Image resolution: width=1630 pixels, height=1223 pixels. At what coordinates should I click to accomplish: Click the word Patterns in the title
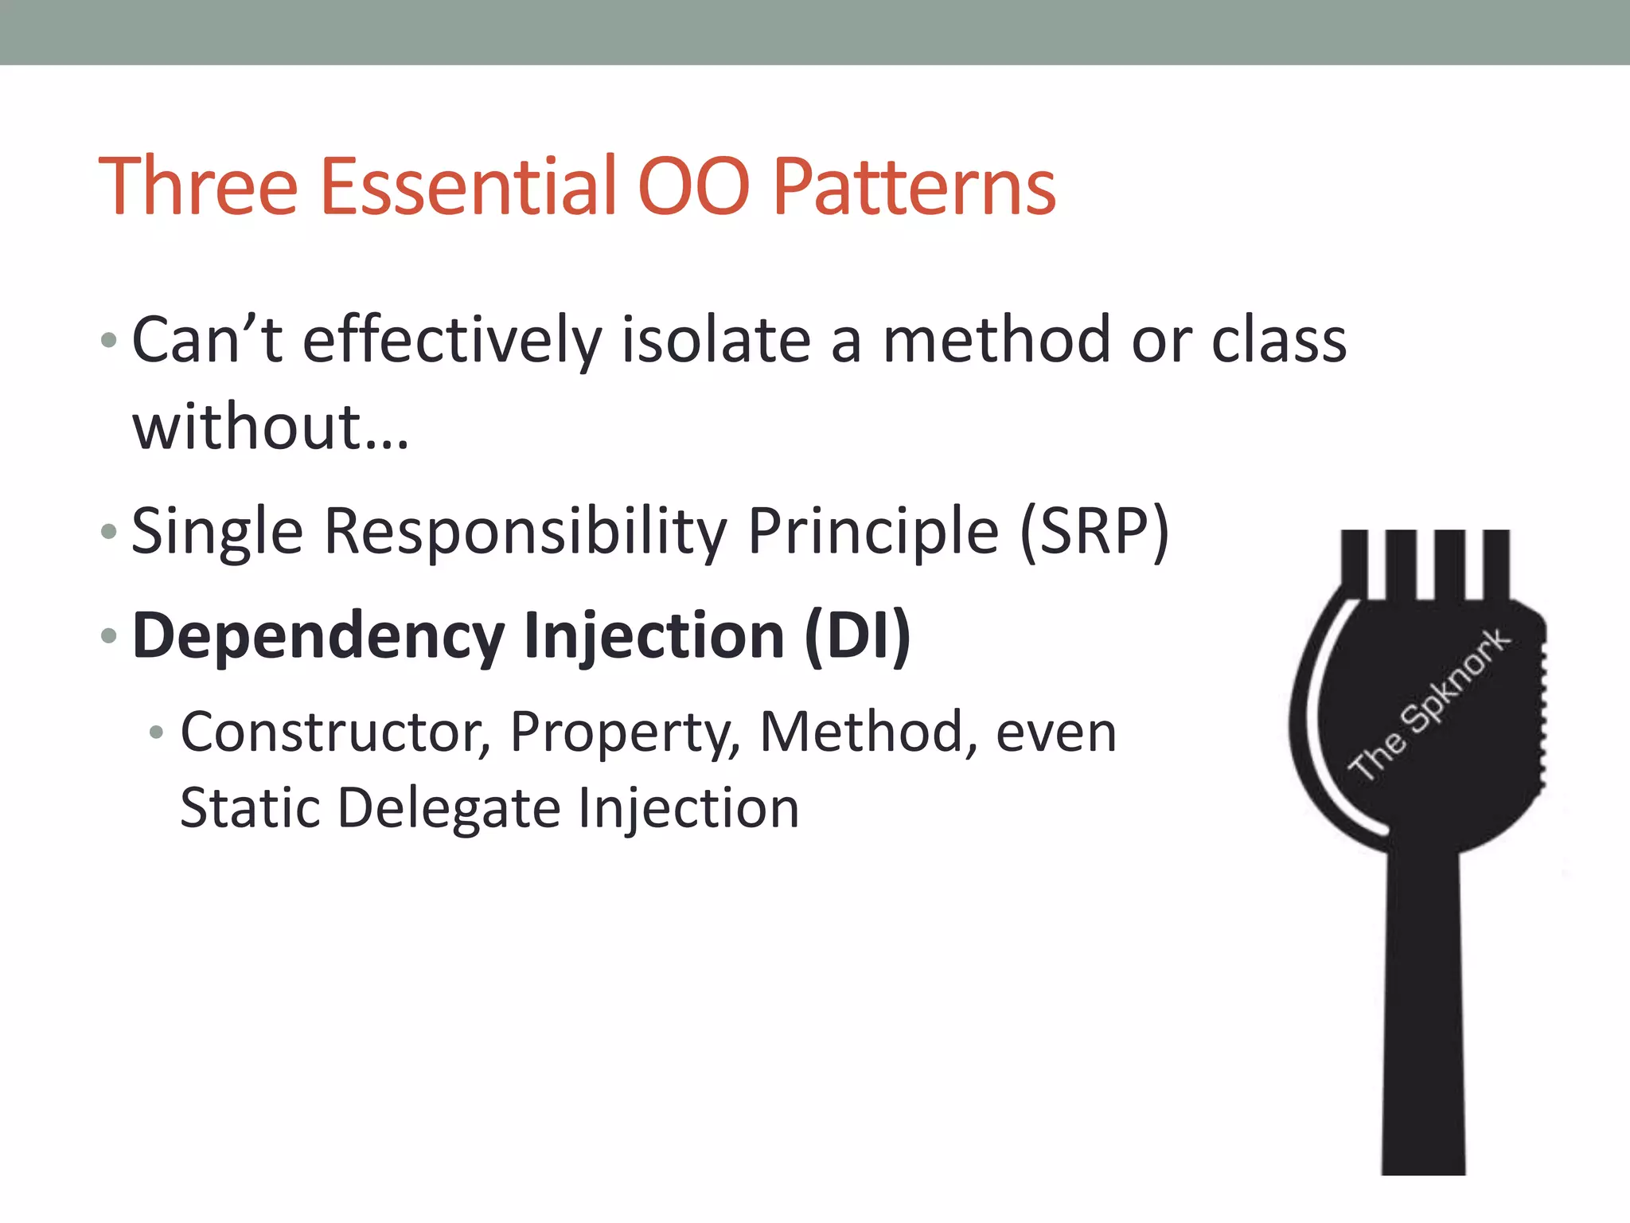(914, 186)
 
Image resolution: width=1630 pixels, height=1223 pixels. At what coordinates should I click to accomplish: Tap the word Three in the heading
(197, 186)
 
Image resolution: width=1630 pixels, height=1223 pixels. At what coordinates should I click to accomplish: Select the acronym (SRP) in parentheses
(1094, 532)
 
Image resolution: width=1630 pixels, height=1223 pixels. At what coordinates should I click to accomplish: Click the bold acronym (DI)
(857, 636)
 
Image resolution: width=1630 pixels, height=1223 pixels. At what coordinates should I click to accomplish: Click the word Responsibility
(525, 532)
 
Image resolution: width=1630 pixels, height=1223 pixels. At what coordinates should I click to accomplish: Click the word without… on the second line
(271, 428)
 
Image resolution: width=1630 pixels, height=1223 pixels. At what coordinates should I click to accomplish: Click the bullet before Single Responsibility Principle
(109, 531)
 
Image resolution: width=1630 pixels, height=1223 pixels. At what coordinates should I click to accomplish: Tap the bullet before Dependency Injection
(109, 635)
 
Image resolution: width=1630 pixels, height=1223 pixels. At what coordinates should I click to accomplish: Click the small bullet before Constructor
(157, 732)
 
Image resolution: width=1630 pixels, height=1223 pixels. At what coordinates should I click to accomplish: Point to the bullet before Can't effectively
(109, 342)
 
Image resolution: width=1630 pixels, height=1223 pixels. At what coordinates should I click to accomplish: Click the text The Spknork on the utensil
(1429, 704)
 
